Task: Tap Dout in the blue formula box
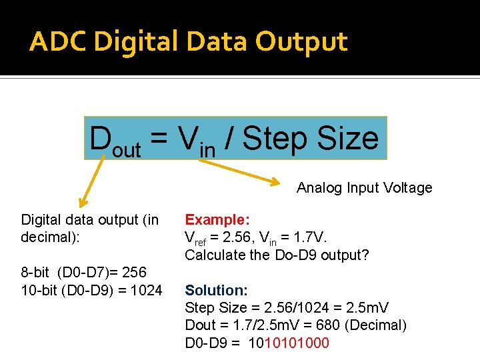[x=115, y=139]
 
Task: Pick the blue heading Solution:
[x=216, y=290]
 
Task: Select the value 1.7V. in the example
[x=312, y=237]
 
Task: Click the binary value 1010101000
[x=289, y=343]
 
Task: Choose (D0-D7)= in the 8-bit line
[x=83, y=273]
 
